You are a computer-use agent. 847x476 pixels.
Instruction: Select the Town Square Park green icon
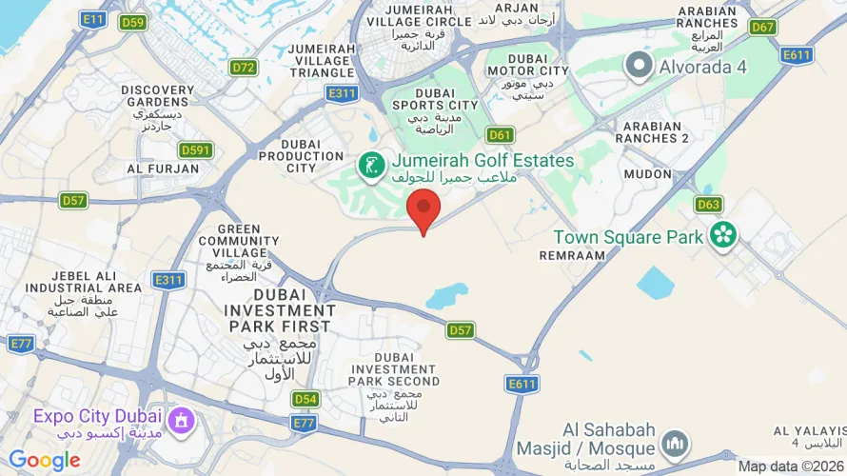[723, 235]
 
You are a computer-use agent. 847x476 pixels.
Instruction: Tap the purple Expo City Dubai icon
[179, 419]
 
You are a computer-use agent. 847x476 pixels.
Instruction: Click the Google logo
[44, 461]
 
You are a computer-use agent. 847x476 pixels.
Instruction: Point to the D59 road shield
[133, 22]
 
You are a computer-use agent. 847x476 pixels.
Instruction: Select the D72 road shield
[244, 68]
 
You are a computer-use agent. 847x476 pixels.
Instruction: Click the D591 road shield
[196, 150]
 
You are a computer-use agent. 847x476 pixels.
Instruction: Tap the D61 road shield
[501, 135]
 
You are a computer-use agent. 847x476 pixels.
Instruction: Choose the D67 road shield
[763, 27]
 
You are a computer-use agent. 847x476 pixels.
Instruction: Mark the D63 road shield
[708, 204]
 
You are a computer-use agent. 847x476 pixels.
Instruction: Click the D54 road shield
[305, 399]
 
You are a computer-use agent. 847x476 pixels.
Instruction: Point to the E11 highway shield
[93, 18]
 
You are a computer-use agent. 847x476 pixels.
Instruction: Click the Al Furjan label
[163, 169]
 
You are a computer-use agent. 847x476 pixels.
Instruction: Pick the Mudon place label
[648, 174]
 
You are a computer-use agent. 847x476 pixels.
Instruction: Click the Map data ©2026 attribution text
[790, 466]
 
